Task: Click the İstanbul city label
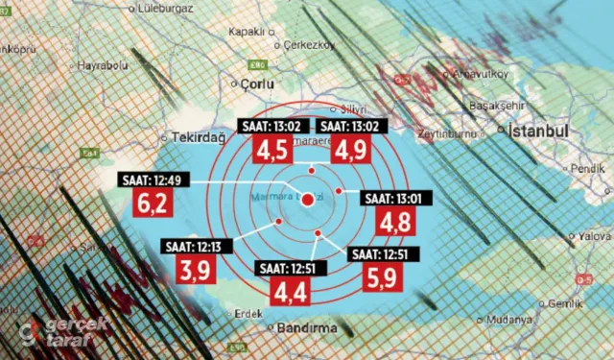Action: click(x=540, y=131)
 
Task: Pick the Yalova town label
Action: click(x=594, y=234)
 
